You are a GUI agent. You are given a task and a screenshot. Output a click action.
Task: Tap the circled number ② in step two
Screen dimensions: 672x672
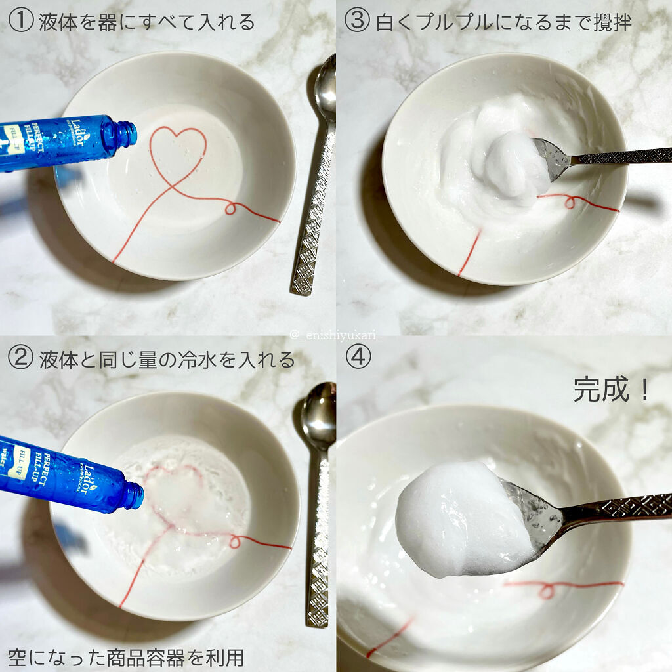(20, 358)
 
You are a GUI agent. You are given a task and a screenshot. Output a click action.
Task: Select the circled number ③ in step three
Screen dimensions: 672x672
(358, 20)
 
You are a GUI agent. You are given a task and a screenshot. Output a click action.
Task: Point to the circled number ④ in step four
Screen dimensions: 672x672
(358, 356)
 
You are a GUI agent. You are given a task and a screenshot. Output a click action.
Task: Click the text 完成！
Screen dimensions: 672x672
(611, 389)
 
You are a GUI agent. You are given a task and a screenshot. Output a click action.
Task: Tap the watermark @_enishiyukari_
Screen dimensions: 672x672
(335, 335)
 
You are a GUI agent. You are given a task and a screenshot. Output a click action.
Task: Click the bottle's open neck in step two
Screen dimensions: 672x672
(134, 496)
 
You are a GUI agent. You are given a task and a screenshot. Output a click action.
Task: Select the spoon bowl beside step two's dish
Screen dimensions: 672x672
(319, 415)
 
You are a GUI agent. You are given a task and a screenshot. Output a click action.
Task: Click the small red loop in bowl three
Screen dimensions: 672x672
(571, 202)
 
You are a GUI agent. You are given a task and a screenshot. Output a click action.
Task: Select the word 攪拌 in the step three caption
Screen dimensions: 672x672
(613, 22)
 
